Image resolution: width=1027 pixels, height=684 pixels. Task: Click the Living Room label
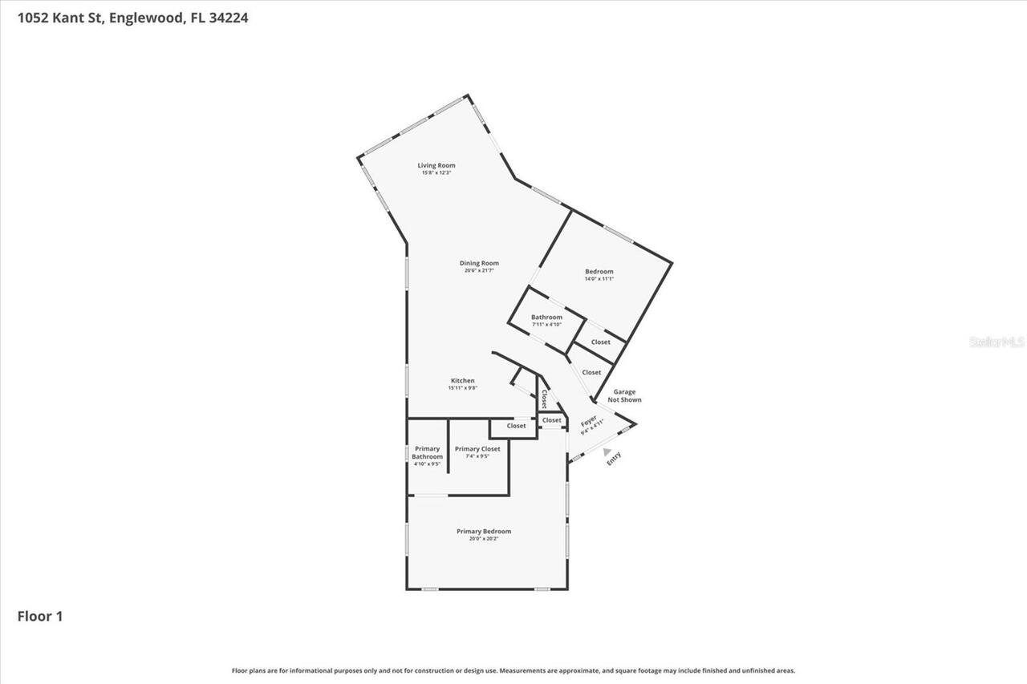click(x=436, y=165)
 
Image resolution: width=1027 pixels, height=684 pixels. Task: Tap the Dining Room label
click(x=479, y=263)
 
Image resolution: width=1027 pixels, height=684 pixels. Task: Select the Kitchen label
click(x=462, y=381)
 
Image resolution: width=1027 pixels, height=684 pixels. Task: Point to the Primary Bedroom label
click(x=484, y=532)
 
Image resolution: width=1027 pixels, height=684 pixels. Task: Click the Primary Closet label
click(x=477, y=449)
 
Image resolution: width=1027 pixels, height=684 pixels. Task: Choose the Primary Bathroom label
click(x=428, y=452)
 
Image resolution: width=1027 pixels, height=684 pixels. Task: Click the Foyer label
click(x=589, y=421)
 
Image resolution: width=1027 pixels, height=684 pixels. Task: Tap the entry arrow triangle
click(x=607, y=451)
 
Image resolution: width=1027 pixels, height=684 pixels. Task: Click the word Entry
click(x=614, y=459)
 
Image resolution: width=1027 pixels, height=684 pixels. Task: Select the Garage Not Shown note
click(x=624, y=396)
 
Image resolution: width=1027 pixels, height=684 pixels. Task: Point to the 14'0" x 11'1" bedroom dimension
click(x=599, y=279)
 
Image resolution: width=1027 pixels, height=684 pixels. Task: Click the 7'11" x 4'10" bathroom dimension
click(x=546, y=324)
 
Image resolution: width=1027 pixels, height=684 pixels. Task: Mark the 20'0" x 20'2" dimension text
click(x=484, y=539)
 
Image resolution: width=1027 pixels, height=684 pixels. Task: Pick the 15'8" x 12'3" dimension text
click(x=436, y=172)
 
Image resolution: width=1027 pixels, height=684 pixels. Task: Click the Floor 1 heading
click(x=40, y=616)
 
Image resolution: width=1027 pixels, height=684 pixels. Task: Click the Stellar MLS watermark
click(x=997, y=342)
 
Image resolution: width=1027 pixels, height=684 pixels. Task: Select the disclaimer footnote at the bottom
click(x=513, y=670)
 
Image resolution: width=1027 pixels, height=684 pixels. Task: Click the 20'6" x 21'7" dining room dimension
click(x=479, y=270)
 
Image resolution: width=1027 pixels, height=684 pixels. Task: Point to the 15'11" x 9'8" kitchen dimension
click(x=462, y=388)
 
